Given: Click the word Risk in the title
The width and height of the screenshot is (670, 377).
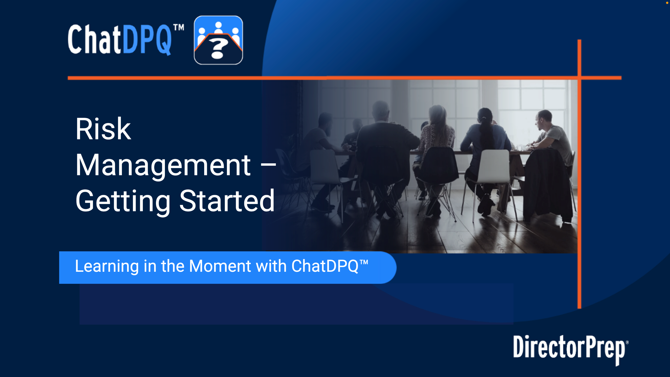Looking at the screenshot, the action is tap(103, 129).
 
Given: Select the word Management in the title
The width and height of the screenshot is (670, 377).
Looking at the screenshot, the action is tap(163, 165).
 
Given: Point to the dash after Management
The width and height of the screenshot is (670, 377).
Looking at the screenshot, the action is tap(269, 165).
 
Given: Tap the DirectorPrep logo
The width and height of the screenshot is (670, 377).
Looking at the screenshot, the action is tap(571, 350).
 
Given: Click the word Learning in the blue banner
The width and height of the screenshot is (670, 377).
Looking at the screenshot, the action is tap(107, 267).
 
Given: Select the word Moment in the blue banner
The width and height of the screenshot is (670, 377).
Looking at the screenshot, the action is tap(220, 266).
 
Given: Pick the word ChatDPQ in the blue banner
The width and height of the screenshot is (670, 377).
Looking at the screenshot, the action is tap(330, 266).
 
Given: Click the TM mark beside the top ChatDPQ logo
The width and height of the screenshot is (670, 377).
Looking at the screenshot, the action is tap(179, 27).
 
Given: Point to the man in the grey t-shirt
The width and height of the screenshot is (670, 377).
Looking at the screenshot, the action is tap(552, 136).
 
